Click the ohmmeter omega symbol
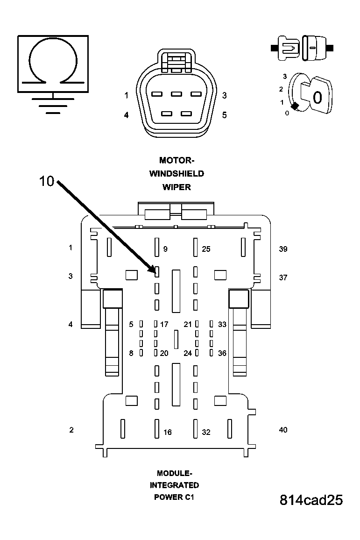pyautogui.click(x=53, y=61)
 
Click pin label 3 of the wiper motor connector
pyautogui.click(x=225, y=96)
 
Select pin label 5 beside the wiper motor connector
pyautogui.click(x=225, y=115)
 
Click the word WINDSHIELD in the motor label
pyautogui.click(x=176, y=174)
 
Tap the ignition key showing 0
pyautogui.click(x=315, y=97)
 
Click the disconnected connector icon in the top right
pyautogui.click(x=301, y=48)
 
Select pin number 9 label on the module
pyautogui.click(x=165, y=249)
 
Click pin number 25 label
pyautogui.click(x=206, y=249)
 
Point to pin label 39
pyautogui.click(x=283, y=249)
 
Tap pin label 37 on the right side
pyautogui.click(x=283, y=277)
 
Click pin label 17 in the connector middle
pyautogui.click(x=164, y=324)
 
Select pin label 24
pyautogui.click(x=188, y=353)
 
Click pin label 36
pyautogui.click(x=222, y=353)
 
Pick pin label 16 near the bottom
pyautogui.click(x=167, y=433)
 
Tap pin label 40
pyautogui.click(x=283, y=430)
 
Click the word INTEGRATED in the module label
pyautogui.click(x=174, y=485)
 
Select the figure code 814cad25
pyautogui.click(x=311, y=500)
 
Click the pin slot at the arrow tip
pyautogui.click(x=157, y=271)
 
